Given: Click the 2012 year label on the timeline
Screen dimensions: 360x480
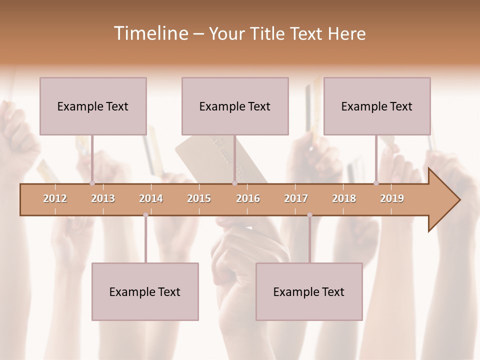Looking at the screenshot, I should (55, 198).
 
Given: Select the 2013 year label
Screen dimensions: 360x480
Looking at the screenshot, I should (103, 198).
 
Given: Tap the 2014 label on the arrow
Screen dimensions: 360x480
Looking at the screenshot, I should (151, 198).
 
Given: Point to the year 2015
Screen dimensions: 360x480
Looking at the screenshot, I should (199, 198).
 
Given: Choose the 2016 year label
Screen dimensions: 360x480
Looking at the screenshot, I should (248, 198).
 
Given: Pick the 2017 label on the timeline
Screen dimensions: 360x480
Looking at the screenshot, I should (296, 198).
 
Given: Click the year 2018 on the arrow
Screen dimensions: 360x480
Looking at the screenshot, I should (344, 198).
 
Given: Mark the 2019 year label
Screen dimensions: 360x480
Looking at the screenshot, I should (392, 198).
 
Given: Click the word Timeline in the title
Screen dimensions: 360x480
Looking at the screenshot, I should (149, 33).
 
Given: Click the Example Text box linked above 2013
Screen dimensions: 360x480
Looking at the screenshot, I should (93, 106).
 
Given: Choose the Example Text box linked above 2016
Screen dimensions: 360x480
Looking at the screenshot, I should (235, 106).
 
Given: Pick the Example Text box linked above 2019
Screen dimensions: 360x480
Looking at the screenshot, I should (377, 106).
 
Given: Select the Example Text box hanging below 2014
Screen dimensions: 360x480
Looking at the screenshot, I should (145, 291).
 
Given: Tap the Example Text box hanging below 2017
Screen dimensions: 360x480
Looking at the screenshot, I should (309, 291).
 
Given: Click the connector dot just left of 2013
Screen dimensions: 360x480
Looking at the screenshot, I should (92, 183).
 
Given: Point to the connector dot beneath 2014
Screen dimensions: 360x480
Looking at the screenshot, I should (145, 215).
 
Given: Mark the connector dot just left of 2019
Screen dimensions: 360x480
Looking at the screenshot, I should (376, 183).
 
